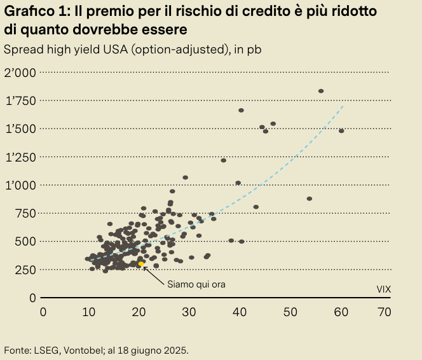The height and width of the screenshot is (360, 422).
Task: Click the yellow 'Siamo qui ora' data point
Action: pyautogui.click(x=141, y=263)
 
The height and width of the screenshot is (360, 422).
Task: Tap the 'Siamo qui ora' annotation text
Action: pyautogui.click(x=196, y=284)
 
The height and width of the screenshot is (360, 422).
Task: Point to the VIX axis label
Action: pyautogui.click(x=383, y=289)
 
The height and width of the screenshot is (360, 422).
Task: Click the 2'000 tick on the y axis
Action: pyautogui.click(x=20, y=73)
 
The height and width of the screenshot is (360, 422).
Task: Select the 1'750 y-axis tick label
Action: pyautogui.click(x=20, y=100)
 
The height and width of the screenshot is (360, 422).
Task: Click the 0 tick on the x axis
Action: pyautogui.click(x=43, y=312)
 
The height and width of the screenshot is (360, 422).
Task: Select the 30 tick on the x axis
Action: pyautogui.click(x=189, y=312)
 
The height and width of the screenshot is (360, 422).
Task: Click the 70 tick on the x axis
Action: pyautogui.click(x=383, y=312)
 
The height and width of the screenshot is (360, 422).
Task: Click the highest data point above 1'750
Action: pyautogui.click(x=321, y=91)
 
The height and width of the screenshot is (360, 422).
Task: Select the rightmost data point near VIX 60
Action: pyautogui.click(x=341, y=131)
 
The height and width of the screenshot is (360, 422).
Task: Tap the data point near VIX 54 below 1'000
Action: pyautogui.click(x=310, y=198)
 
